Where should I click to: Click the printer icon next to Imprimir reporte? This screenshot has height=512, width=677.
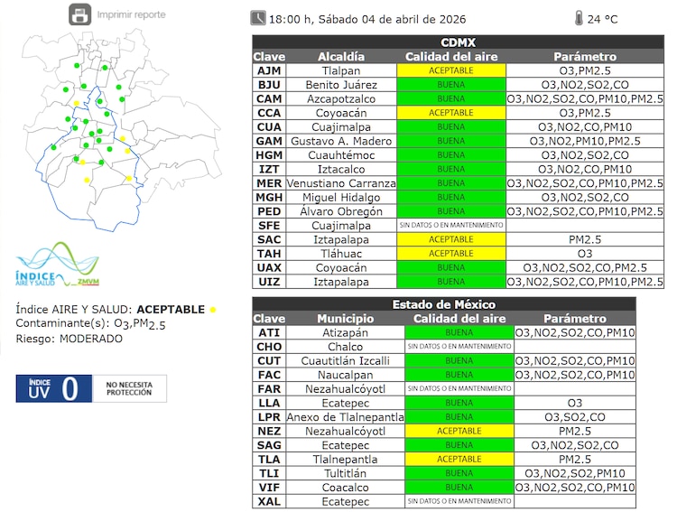pyautogui.click(x=80, y=14)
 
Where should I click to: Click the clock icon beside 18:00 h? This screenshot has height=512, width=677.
pyautogui.click(x=258, y=17)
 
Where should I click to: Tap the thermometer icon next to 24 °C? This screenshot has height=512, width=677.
pyautogui.click(x=578, y=17)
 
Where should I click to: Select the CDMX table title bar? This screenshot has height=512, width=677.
pyautogui.click(x=458, y=42)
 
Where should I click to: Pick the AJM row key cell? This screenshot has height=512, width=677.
pyautogui.click(x=268, y=70)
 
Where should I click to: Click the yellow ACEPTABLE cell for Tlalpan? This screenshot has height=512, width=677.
pyautogui.click(x=451, y=70)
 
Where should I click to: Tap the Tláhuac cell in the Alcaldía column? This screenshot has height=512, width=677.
pyautogui.click(x=341, y=254)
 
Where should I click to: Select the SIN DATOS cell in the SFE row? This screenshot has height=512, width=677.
pyautogui.click(x=451, y=226)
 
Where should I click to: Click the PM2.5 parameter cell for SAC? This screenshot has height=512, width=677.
pyautogui.click(x=585, y=239)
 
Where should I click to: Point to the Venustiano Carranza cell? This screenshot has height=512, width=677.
pyautogui.click(x=341, y=183)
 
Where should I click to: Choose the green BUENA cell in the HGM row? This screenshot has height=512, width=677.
pyautogui.click(x=451, y=155)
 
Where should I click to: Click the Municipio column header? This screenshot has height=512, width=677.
pyautogui.click(x=346, y=319)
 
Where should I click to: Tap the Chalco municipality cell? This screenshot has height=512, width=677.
pyautogui.click(x=346, y=347)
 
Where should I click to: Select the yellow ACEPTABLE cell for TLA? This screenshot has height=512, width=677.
pyautogui.click(x=459, y=459)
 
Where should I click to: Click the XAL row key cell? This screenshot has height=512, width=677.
pyautogui.click(x=269, y=501)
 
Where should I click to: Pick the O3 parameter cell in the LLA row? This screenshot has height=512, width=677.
pyautogui.click(x=574, y=403)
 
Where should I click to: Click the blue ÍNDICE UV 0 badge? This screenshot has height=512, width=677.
pyautogui.click(x=51, y=388)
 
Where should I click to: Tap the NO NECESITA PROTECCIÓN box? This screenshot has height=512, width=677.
pyautogui.click(x=130, y=388)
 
